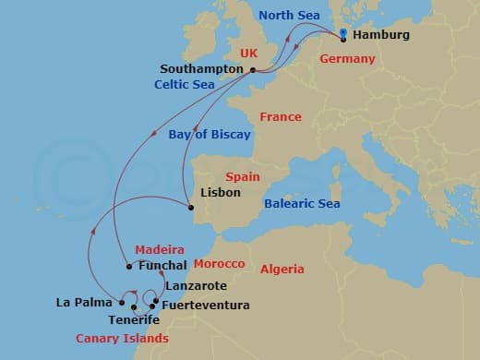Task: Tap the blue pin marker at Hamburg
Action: [343, 35]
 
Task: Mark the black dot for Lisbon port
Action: [192, 207]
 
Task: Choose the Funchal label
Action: [162, 267]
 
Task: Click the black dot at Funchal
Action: [129, 267]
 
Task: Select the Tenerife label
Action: [133, 320]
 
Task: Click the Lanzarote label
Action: [197, 286]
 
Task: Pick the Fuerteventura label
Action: [205, 305]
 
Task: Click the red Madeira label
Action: [159, 249]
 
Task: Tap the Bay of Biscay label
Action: [210, 134]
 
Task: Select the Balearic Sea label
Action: [302, 203]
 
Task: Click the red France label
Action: [280, 117]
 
